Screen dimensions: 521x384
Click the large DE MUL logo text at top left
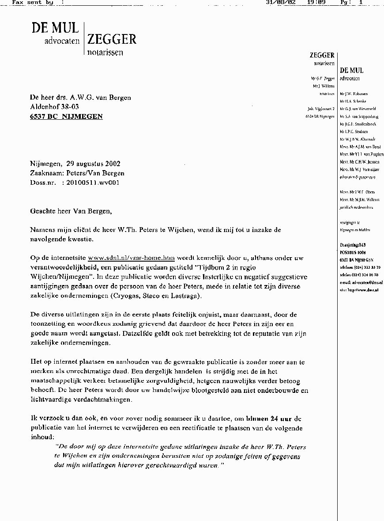[55, 28]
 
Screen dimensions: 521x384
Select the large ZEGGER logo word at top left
[112, 39]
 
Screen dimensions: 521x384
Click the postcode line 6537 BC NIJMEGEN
[66, 117]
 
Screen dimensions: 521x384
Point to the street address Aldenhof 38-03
[55, 107]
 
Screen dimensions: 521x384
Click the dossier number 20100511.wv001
[92, 182]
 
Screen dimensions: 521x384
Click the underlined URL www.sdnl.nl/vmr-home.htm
[132, 258]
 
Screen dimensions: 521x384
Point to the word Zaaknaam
[45, 173]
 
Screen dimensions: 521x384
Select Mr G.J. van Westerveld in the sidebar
[358, 109]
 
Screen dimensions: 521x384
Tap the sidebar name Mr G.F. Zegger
[323, 78]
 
